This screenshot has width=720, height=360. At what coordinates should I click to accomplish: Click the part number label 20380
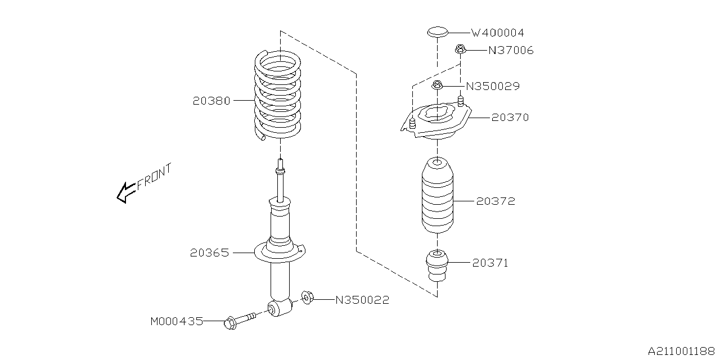click(211, 101)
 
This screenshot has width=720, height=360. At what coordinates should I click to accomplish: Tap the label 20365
click(210, 253)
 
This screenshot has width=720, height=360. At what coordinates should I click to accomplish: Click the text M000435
click(176, 321)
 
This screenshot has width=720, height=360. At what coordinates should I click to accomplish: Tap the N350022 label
click(362, 300)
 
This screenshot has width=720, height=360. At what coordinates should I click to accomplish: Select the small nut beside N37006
click(460, 50)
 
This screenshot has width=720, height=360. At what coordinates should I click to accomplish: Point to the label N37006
click(510, 51)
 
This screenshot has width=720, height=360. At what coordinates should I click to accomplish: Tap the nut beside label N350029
click(437, 86)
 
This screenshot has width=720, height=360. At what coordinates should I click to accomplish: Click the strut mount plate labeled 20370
click(436, 121)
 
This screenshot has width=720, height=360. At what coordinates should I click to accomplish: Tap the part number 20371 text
click(490, 263)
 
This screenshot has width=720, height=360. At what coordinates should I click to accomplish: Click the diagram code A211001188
click(682, 351)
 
